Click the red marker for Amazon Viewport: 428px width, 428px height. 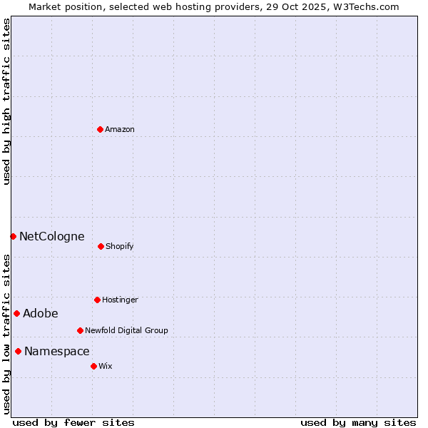[101, 129]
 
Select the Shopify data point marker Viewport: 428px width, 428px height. [101, 246]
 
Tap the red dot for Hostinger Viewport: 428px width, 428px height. [97, 300]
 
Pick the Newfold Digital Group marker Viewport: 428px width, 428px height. [80, 330]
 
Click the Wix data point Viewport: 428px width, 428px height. [93, 366]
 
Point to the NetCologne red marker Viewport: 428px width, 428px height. [13, 236]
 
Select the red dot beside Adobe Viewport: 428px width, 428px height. [16, 313]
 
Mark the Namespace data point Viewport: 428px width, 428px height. [18, 351]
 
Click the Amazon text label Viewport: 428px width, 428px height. [120, 129]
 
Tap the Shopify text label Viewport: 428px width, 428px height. [120, 246]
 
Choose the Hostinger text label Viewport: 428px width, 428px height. [120, 300]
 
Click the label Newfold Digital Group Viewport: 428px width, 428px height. [126, 330]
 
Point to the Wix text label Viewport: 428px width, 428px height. [106, 366]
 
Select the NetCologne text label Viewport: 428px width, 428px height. [52, 236]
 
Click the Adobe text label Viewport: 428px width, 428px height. [41, 313]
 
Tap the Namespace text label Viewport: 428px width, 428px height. [57, 351]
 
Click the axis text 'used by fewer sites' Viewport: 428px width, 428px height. [73, 422]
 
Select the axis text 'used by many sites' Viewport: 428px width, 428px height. [358, 422]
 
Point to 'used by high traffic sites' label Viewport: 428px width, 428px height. [6, 101]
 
